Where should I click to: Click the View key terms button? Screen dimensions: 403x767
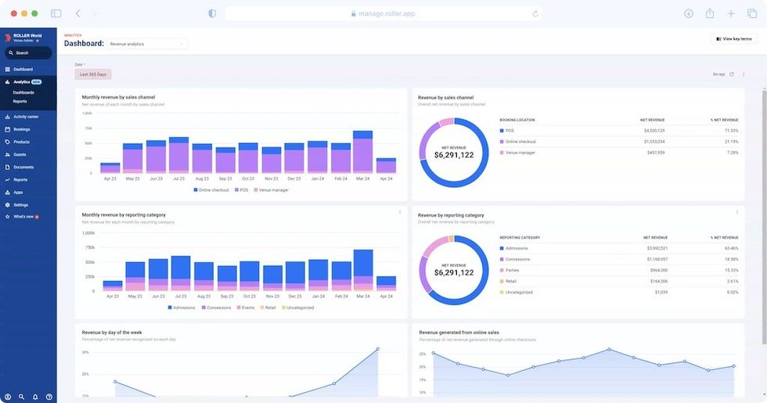[734, 38]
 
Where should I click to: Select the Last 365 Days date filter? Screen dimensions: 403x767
[94, 74]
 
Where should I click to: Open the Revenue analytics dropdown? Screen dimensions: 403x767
[147, 44]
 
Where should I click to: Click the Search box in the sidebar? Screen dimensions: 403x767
[28, 53]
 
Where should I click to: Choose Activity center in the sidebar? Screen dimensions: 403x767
[25, 117]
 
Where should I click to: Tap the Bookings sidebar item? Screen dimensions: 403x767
[21, 129]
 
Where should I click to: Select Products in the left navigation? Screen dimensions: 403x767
[21, 142]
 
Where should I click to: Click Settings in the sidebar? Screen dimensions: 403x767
[20, 205]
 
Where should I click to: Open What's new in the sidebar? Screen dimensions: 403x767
[23, 216]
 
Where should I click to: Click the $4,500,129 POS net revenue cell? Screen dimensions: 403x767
[654, 131]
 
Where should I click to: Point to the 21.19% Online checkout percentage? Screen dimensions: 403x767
[731, 142]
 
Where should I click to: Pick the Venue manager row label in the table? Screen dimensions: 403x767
[520, 153]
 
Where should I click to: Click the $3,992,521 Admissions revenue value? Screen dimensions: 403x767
[655, 248]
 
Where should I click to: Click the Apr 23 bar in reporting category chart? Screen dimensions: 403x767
[113, 286]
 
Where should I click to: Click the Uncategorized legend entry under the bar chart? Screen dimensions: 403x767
[297, 308]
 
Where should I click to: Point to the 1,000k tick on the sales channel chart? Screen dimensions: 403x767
[88, 113]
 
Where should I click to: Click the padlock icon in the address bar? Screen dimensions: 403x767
[353, 13]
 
